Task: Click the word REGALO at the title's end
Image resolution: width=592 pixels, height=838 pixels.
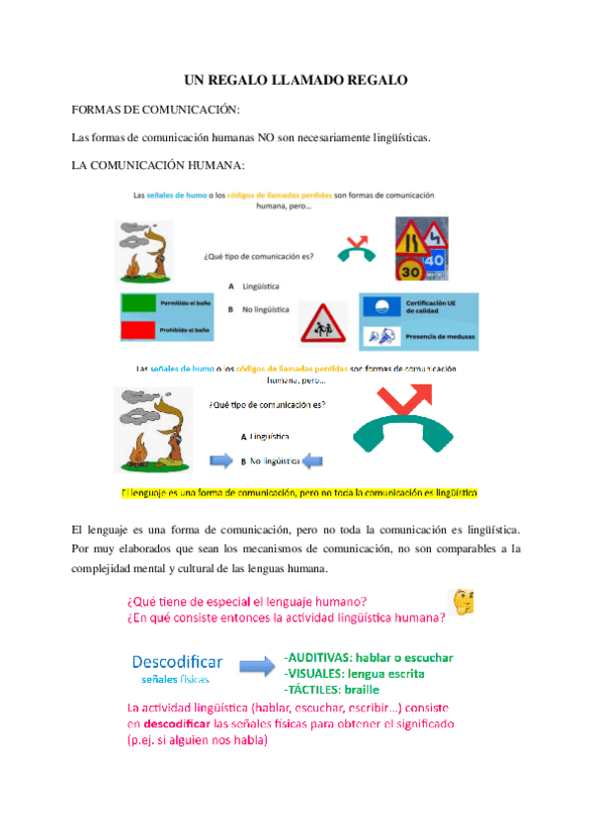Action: pyautogui.click(x=373, y=80)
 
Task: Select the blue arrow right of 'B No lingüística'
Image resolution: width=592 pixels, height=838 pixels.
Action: pyautogui.click(x=314, y=460)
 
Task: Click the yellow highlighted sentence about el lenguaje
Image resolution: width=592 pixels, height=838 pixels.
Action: pyautogui.click(x=296, y=491)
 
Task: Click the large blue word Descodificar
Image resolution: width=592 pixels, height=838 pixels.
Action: pyautogui.click(x=177, y=661)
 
